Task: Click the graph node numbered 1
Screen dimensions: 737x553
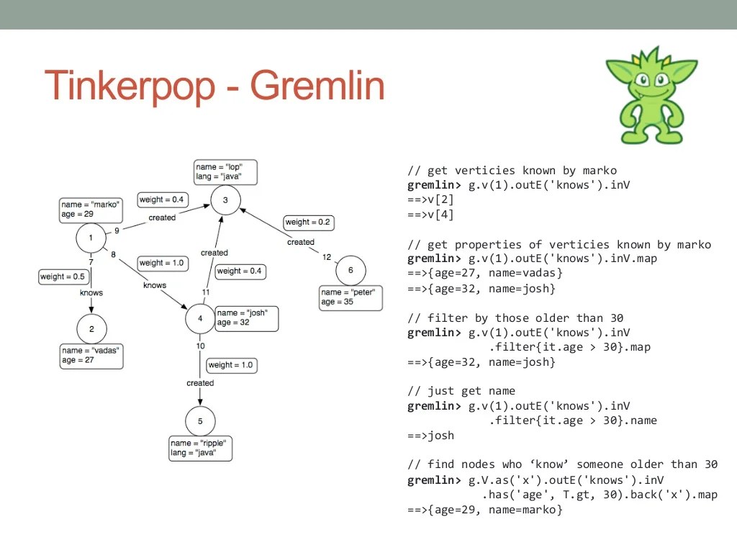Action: tap(91, 238)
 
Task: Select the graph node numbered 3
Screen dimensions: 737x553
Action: tap(225, 200)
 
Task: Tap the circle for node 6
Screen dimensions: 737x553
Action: tap(351, 270)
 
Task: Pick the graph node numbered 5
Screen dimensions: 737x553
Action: tap(200, 421)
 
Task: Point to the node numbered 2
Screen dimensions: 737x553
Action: tap(91, 328)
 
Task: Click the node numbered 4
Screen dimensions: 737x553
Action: tap(200, 318)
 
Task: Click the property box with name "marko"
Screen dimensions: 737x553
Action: tap(91, 210)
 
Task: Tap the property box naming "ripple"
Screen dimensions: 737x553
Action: tap(202, 449)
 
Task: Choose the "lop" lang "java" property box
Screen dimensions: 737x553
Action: tap(225, 171)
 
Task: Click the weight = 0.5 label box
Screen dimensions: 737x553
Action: tap(63, 276)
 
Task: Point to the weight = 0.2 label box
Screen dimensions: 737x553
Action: tap(308, 222)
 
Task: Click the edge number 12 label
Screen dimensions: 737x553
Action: tap(327, 257)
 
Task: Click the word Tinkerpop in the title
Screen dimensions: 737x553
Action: tap(130, 86)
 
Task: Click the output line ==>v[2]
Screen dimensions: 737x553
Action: tap(430, 200)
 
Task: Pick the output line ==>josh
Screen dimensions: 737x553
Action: tap(430, 435)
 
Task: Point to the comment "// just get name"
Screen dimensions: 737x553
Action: tap(461, 391)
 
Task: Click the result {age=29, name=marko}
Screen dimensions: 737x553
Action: tap(484, 510)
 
